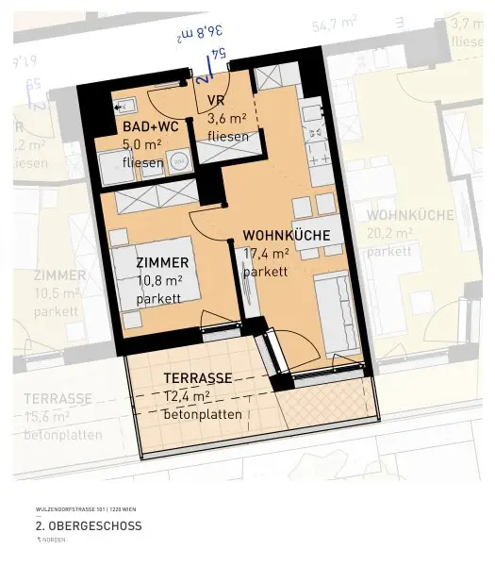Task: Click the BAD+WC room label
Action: coord(149,126)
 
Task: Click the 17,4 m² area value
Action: coord(267,254)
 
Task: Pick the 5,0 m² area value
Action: coord(142,145)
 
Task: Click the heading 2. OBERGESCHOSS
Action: coord(89,525)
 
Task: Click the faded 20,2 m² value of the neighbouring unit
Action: coord(389,233)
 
